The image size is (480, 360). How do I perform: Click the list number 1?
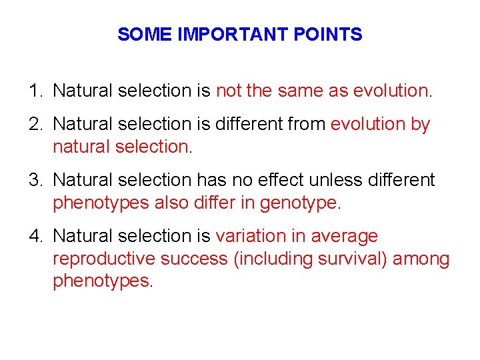(33, 90)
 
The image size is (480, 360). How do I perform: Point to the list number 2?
(33, 124)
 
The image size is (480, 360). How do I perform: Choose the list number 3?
(33, 180)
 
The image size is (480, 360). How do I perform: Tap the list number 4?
(33, 236)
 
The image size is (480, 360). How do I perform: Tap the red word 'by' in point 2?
(421, 125)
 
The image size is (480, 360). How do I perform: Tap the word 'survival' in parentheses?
(347, 259)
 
